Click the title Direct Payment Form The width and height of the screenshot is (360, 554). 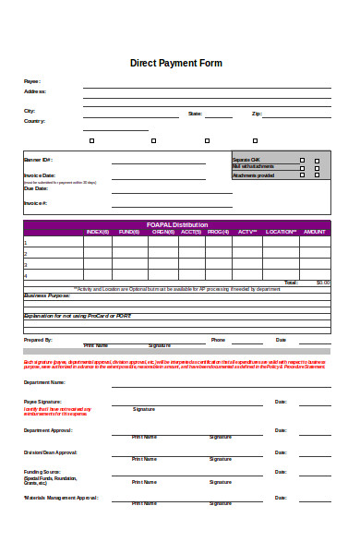(176, 64)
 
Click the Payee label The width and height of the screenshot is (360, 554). (31, 82)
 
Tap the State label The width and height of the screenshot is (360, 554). (195, 114)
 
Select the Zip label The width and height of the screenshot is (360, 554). (256, 114)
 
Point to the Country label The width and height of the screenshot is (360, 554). (34, 121)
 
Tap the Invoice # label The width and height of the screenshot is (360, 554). (35, 202)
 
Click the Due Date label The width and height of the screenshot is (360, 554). (35, 188)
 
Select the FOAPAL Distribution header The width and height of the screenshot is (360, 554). (177, 224)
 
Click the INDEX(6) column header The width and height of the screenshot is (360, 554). (97, 232)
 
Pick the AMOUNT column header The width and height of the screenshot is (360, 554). (314, 232)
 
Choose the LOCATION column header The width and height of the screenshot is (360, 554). (280, 232)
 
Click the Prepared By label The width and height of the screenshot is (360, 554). (38, 340)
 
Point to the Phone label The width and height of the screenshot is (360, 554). (218, 340)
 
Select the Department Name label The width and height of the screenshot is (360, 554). (44, 381)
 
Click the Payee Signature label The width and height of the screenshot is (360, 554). (42, 402)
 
